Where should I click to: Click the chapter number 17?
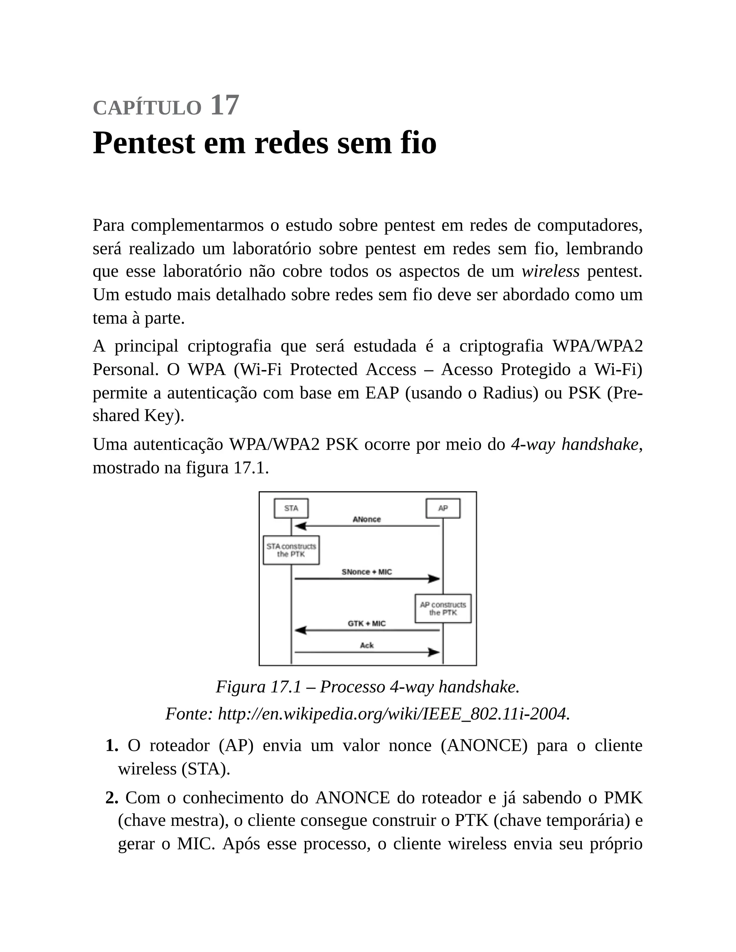coord(225,106)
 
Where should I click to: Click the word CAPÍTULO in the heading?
coord(147,108)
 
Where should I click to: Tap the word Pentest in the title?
coord(144,143)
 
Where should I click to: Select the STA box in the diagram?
coord(291,508)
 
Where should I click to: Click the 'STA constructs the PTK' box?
coord(291,550)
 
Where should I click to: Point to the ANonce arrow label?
coord(366,519)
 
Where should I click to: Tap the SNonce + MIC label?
coord(366,572)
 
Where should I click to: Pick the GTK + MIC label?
coord(366,623)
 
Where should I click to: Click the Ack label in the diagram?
coord(366,645)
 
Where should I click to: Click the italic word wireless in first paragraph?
coord(550,272)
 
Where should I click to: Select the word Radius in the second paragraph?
coord(510,393)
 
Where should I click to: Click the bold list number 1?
coord(112,745)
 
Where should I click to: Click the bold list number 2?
coord(112,798)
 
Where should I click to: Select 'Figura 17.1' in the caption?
coord(258,687)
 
